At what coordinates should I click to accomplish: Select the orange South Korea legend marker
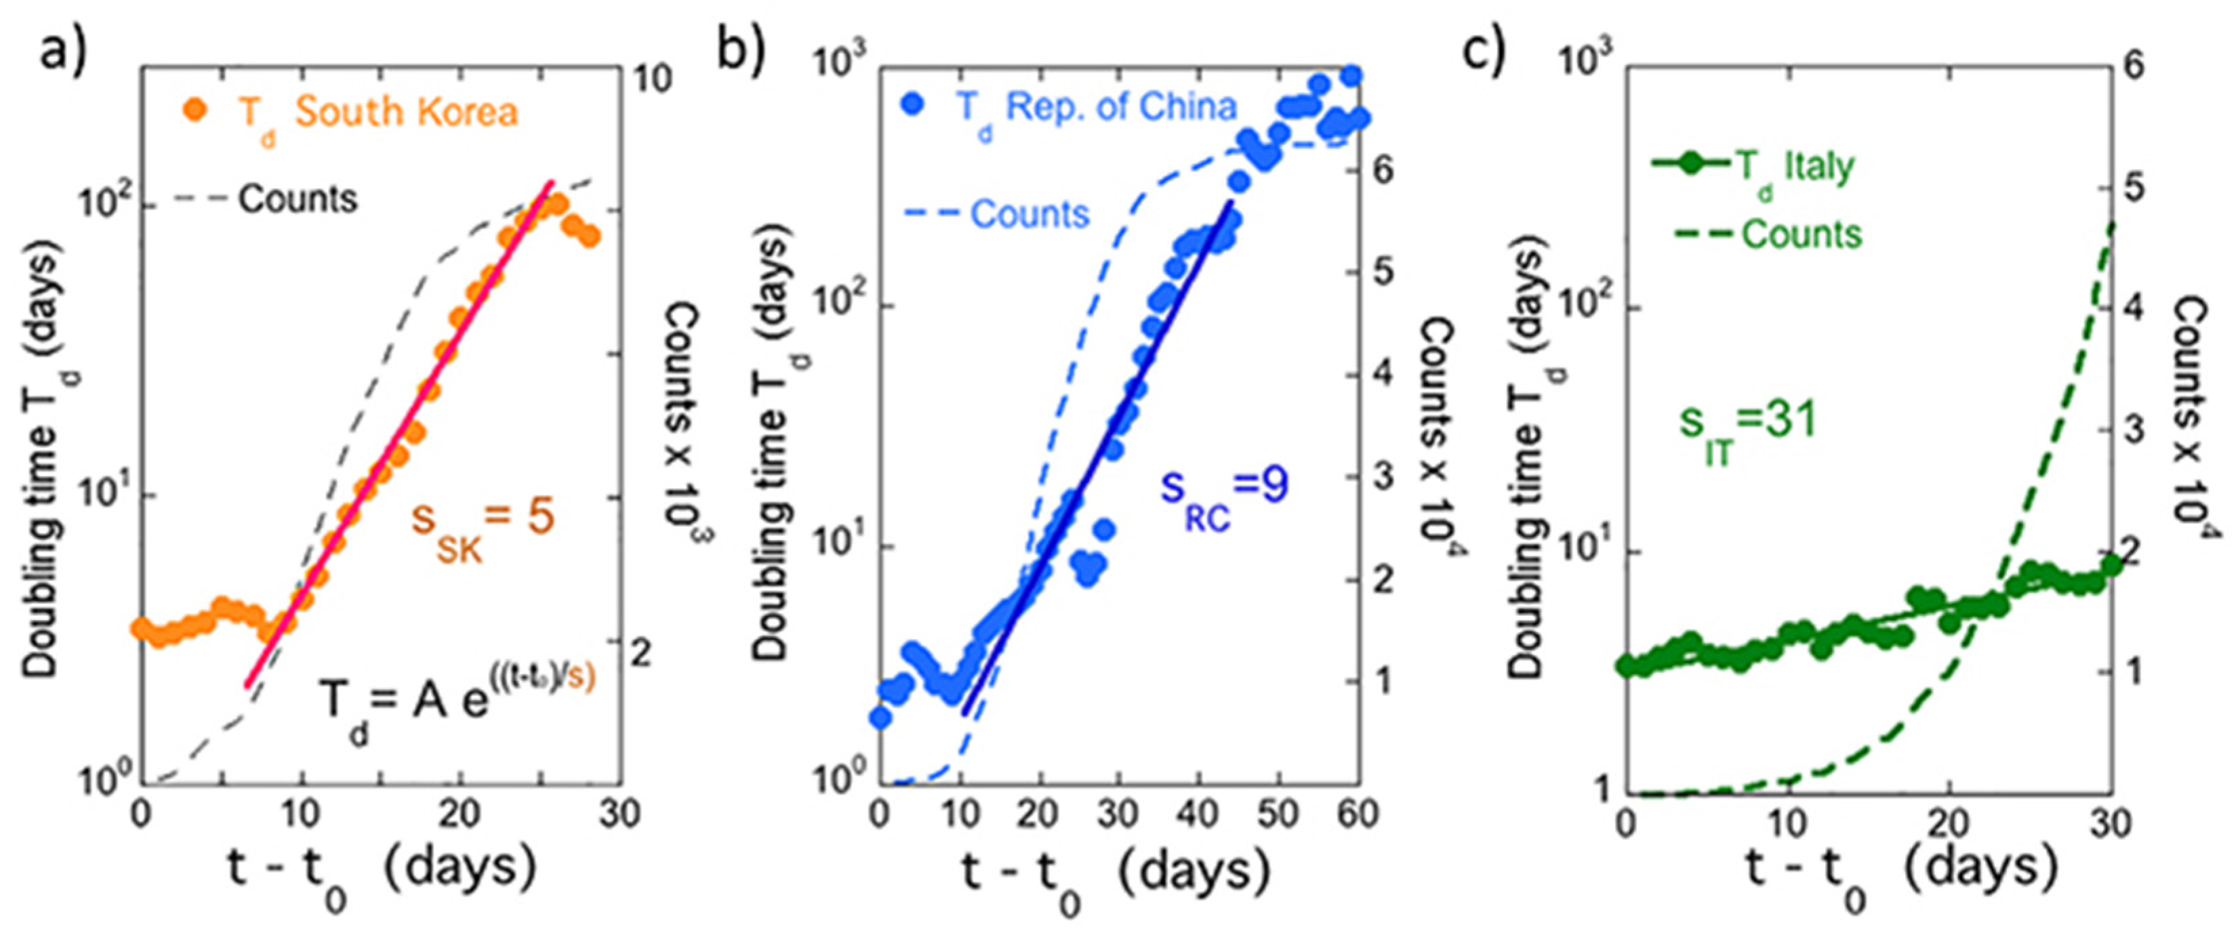197,110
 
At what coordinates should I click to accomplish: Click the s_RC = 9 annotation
1224,495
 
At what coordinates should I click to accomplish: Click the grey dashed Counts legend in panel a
266,200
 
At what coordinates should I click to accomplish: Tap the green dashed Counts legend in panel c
1768,234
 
